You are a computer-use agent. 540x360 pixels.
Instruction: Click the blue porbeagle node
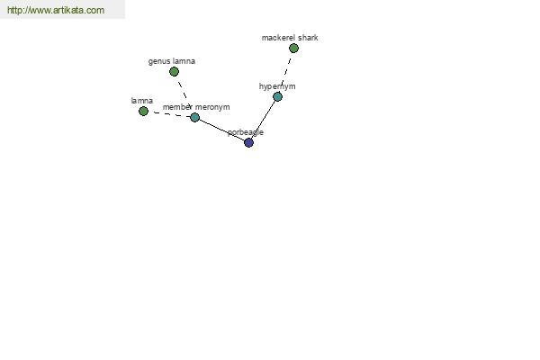[248, 142]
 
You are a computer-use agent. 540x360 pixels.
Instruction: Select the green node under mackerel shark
[293, 49]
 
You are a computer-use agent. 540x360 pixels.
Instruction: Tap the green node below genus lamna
[174, 72]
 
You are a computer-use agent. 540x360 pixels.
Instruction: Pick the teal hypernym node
[277, 97]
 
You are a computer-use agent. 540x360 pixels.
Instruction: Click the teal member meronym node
[194, 118]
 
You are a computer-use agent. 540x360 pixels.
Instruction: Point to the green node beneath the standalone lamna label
[143, 111]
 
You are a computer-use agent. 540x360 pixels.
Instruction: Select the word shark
[308, 38]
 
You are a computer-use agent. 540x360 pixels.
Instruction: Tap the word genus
[158, 61]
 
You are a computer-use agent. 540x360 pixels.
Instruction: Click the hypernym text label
[277, 86]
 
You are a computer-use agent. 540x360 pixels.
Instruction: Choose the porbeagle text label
[246, 132]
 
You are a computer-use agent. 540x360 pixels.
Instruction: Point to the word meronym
[212, 107]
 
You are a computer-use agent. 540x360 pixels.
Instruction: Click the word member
[177, 107]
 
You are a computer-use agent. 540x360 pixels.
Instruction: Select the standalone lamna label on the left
[142, 101]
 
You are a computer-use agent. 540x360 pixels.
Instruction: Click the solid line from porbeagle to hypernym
[263, 120]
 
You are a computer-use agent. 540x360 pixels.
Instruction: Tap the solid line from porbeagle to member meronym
[221, 130]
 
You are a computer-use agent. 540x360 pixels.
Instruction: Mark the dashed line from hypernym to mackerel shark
[285, 72]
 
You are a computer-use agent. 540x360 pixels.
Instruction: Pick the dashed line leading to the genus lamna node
[184, 91]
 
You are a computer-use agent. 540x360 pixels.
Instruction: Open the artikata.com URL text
[56, 10]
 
